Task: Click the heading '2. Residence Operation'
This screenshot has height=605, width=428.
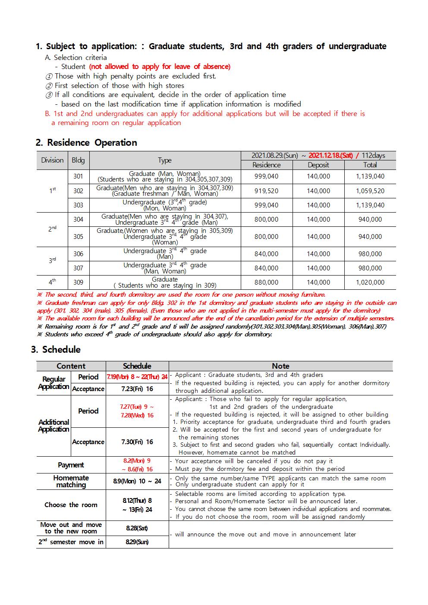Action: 86,143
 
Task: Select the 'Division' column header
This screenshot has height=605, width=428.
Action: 52,160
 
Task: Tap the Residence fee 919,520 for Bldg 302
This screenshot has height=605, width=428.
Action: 266,191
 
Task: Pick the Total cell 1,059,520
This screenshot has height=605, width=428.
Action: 370,191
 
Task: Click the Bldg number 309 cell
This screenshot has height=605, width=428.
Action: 78,282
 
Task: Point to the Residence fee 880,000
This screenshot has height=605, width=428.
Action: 266,282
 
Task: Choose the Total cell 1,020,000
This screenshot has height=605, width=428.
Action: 370,282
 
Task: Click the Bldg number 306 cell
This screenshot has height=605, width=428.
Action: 78,254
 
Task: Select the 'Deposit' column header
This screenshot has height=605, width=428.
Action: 318,165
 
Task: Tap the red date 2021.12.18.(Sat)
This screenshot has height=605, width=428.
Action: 330,156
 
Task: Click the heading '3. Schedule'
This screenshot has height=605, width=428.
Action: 56,350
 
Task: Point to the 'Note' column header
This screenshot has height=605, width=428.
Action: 280,366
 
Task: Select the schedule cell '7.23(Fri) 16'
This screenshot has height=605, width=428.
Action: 137,389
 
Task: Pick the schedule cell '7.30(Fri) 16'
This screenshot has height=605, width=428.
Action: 137,442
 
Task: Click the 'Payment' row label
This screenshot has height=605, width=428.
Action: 71,465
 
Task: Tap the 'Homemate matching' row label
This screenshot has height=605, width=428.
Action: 71,481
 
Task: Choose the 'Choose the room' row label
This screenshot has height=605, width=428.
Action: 71,505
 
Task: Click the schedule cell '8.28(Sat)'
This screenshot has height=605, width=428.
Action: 137,528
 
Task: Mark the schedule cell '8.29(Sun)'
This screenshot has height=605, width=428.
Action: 137,542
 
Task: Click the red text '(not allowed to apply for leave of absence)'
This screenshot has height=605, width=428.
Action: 160,67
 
